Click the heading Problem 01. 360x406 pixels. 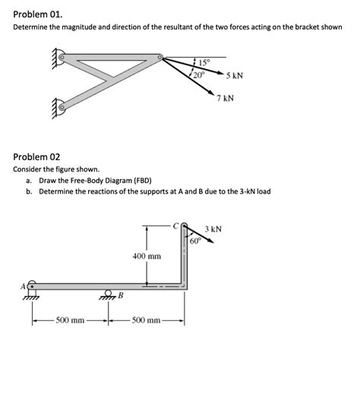coord(38,14)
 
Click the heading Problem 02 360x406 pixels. coord(36,156)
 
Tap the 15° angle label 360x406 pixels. coord(204,62)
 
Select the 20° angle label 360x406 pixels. coord(199,75)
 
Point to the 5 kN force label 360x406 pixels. coord(235,76)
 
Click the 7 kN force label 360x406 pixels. coord(226,98)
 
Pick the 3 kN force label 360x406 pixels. coord(213,229)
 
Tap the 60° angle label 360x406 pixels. coord(195,241)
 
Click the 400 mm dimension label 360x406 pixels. coord(147,256)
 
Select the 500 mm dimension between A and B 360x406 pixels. coord(70,320)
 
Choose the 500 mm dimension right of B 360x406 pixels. coord(146,320)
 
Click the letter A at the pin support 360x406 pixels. coord(23,286)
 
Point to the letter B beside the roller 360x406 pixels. coord(121,295)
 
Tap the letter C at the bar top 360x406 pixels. coord(176,226)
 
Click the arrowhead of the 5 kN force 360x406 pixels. coord(221,74)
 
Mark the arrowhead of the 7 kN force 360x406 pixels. coord(211,93)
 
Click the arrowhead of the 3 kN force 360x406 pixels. coord(211,241)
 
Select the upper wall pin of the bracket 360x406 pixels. coord(62,57)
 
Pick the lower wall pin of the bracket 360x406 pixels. coord(62,107)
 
